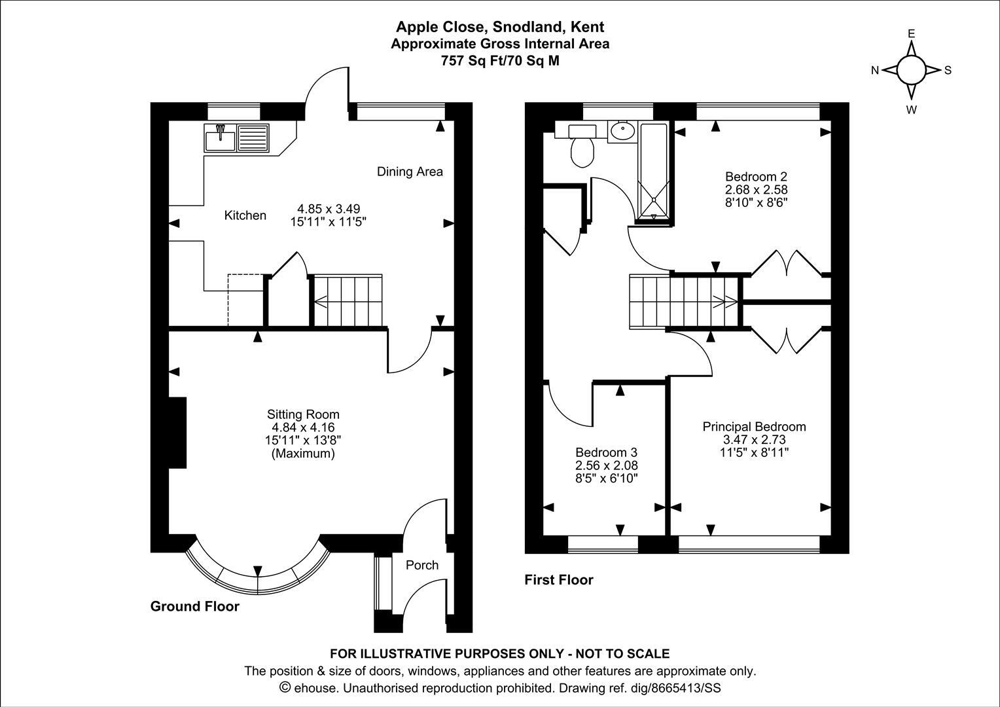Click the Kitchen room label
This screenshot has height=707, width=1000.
click(245, 215)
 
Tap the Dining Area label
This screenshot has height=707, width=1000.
click(410, 172)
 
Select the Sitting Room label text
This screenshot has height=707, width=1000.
click(303, 414)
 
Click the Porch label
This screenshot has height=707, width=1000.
click(422, 565)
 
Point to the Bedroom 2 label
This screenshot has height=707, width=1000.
click(755, 177)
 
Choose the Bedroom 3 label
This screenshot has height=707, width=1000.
click(606, 452)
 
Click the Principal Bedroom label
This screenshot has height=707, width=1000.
click(754, 427)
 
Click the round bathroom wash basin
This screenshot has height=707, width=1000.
click(622, 132)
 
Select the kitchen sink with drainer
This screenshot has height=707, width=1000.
click(236, 138)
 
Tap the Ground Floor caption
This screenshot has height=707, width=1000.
click(195, 606)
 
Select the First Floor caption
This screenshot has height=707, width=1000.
click(559, 580)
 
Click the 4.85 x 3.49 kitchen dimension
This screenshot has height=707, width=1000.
click(327, 209)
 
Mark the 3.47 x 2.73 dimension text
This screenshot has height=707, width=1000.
click(754, 440)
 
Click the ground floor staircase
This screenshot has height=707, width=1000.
click(348, 300)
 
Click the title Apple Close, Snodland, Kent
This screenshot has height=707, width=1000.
click(500, 27)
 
